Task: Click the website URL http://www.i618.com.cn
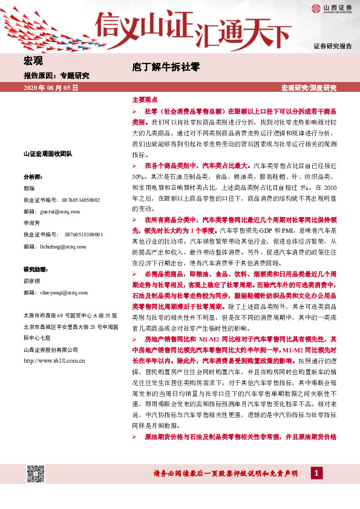[53, 361]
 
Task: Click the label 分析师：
[33, 177]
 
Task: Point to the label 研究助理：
[35, 269]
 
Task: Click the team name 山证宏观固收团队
[47, 154]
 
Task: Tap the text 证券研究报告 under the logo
[332, 46]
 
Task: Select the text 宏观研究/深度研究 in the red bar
[309, 88]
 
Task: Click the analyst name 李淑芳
[32, 223]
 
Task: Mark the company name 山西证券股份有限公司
[51, 349]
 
